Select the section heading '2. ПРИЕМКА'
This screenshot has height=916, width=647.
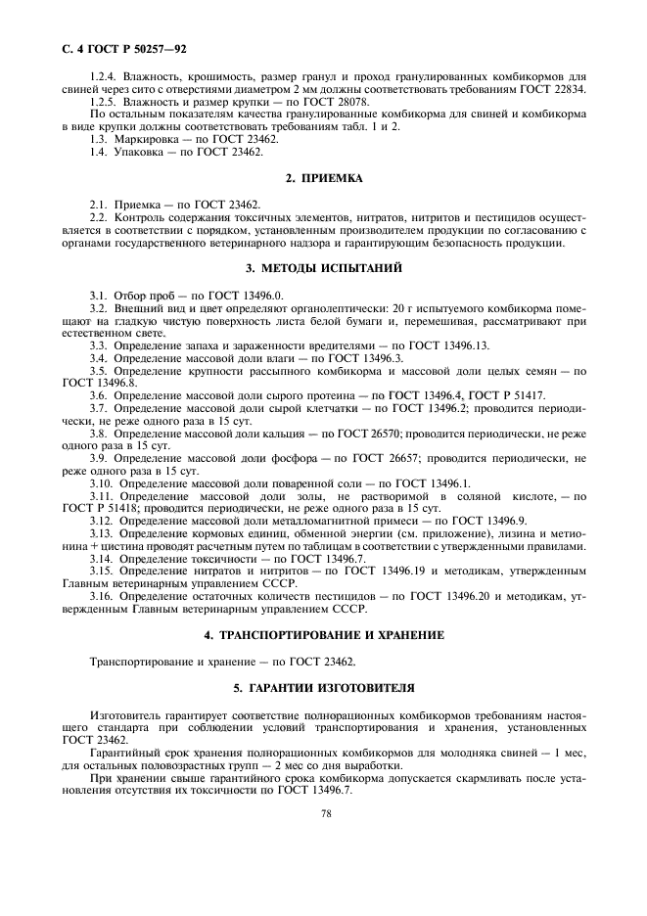tap(324, 178)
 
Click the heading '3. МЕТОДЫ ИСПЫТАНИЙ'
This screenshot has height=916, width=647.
tap(324, 267)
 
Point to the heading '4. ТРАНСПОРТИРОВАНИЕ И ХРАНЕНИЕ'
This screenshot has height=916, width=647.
tap(324, 634)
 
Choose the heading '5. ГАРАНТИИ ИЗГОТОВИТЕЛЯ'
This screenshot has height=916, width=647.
tap(324, 688)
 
